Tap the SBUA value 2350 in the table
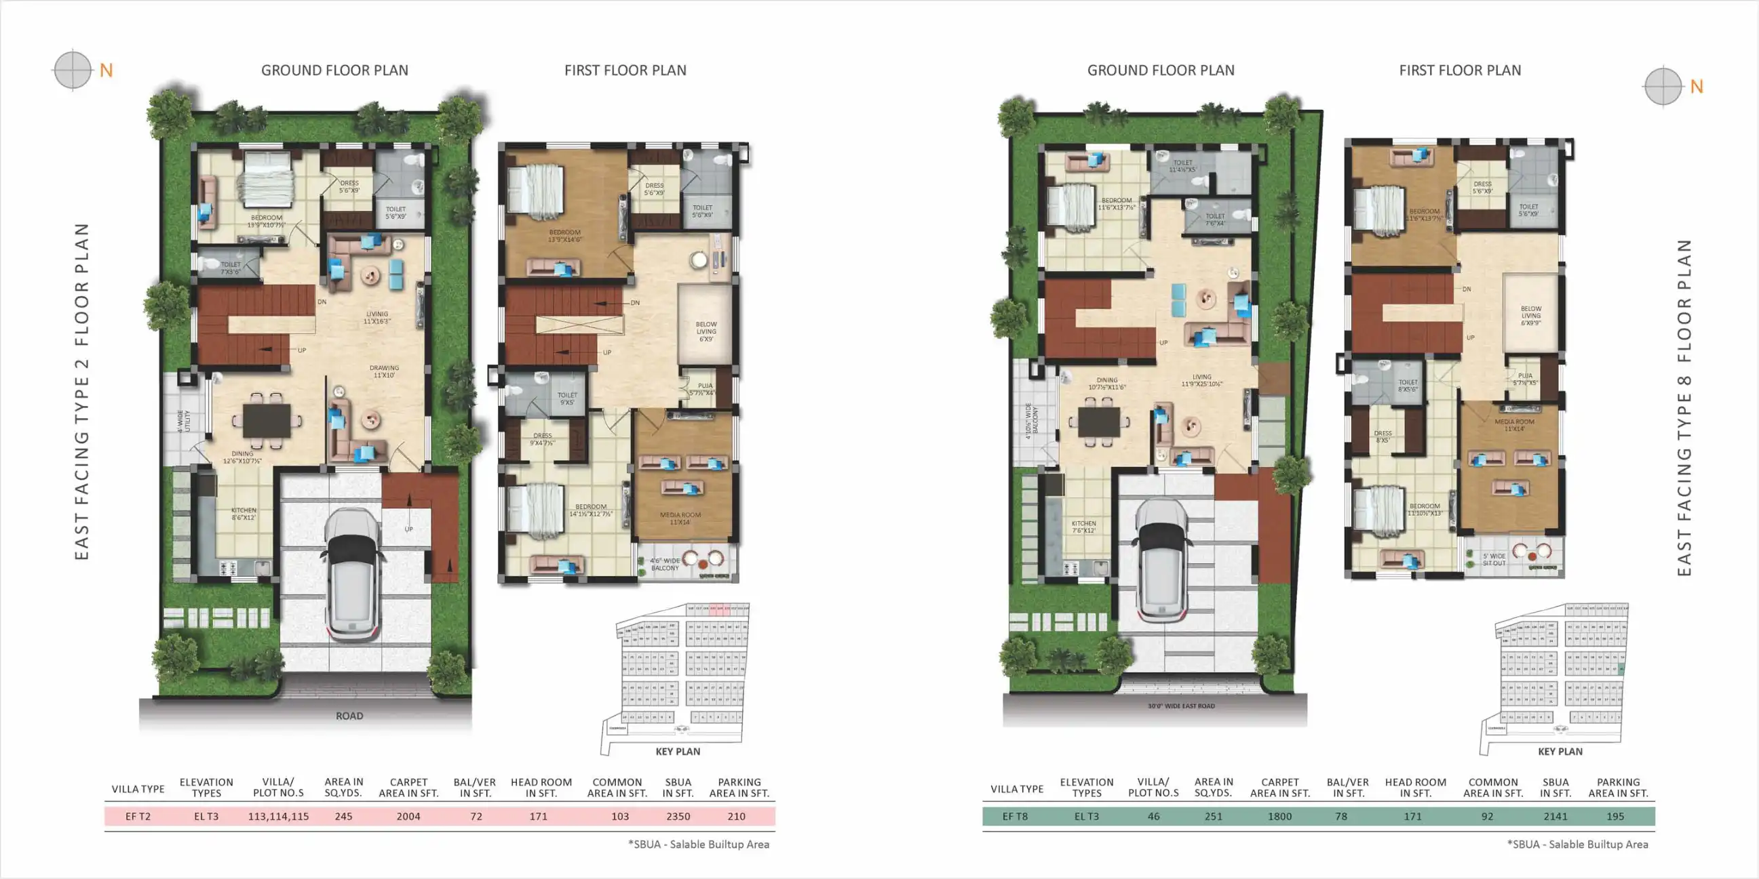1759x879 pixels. click(x=678, y=816)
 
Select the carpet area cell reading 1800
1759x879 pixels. click(x=1279, y=816)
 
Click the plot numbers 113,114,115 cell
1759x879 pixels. click(x=278, y=816)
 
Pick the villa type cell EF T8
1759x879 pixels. click(x=1015, y=816)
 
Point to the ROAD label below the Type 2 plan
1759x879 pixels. click(x=349, y=716)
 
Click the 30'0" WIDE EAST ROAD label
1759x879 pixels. click(x=1180, y=706)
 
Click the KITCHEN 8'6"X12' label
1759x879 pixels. click(x=243, y=514)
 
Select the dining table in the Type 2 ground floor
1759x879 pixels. click(x=267, y=419)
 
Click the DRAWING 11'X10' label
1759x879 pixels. click(x=384, y=371)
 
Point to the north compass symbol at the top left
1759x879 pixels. click(x=72, y=70)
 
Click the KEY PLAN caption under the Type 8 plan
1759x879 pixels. click(x=1560, y=752)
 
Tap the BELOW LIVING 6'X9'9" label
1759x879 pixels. click(x=1530, y=315)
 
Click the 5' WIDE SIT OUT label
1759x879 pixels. click(x=1493, y=560)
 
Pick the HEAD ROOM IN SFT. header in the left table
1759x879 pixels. click(x=541, y=788)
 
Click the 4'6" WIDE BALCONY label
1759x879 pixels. click(x=664, y=565)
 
